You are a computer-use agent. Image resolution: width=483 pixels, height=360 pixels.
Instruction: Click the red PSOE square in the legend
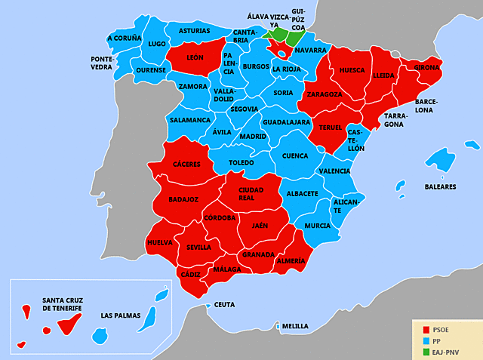[x=426, y=330]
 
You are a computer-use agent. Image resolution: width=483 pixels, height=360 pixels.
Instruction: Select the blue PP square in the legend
[x=426, y=340]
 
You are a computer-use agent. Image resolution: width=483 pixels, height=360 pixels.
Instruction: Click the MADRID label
[x=252, y=137]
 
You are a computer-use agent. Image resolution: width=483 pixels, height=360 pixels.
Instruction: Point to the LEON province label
[x=195, y=57]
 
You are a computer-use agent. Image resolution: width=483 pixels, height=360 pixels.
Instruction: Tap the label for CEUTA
[x=224, y=305]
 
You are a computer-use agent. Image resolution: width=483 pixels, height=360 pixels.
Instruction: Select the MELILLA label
[x=294, y=326]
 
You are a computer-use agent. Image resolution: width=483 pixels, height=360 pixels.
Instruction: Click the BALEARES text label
[x=440, y=186]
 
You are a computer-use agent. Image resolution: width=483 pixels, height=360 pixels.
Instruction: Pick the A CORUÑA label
[x=125, y=38]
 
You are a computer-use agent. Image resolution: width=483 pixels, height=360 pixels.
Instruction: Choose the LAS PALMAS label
[x=121, y=315]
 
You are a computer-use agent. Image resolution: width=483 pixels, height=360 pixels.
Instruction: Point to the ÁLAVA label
[x=257, y=16]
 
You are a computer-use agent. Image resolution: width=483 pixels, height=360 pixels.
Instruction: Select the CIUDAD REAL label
[x=251, y=193]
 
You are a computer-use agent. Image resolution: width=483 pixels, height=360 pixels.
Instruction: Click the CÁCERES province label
[x=186, y=164]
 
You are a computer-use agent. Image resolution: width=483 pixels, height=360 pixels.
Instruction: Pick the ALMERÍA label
[x=291, y=261]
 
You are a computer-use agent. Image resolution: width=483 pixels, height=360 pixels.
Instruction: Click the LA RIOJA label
[x=286, y=69]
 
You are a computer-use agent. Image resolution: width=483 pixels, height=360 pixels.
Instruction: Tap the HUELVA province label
[x=160, y=242]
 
